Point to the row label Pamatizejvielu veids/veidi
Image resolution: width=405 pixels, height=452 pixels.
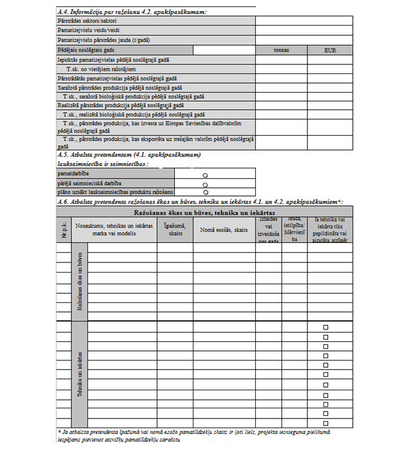tap(87, 30)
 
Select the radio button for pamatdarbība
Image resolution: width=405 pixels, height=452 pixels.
tap(204, 174)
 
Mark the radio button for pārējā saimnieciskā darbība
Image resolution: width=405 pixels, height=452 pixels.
tap(204, 183)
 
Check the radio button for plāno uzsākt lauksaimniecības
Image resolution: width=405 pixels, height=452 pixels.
tap(204, 191)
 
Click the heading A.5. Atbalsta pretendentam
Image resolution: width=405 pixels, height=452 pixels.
tap(129, 155)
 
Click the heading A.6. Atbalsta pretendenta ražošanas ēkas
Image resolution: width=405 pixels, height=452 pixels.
tap(199, 202)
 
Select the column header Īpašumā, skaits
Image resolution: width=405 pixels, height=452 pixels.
tap(174, 230)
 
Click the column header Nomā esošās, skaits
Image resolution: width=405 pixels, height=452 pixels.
tap(223, 230)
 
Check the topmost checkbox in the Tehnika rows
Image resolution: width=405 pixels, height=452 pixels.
tap(326, 327)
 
